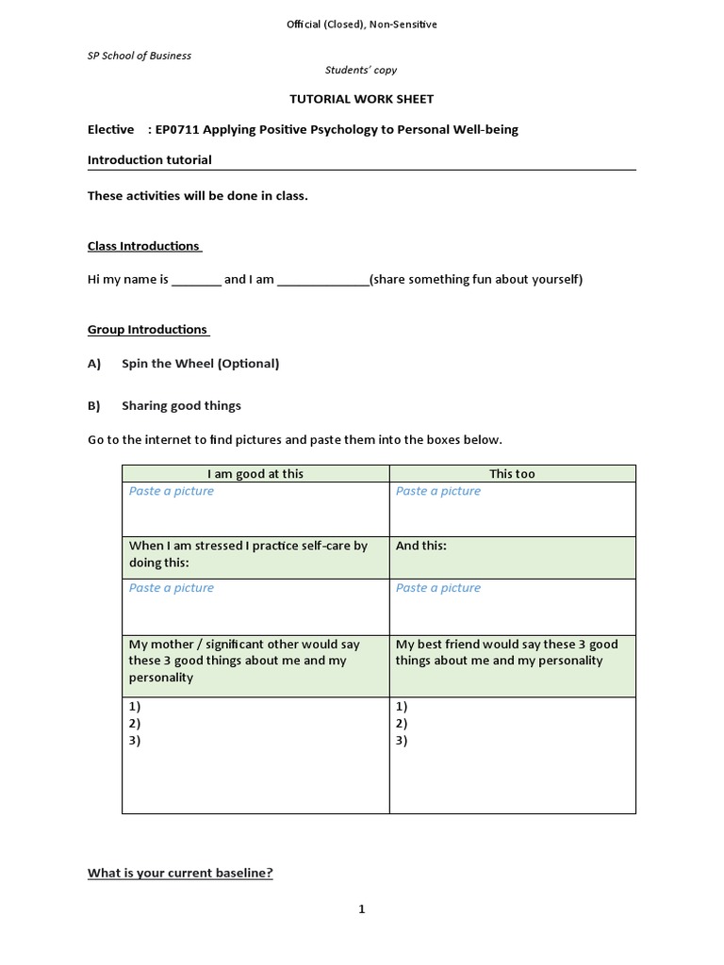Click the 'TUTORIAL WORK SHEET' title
(361, 99)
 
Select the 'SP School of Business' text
(140, 56)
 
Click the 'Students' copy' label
(361, 70)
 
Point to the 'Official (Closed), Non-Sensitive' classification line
(361, 25)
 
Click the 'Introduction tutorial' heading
(149, 160)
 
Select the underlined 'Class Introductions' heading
(143, 246)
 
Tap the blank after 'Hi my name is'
(196, 280)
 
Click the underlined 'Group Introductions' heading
(147, 330)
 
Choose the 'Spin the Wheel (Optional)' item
(200, 364)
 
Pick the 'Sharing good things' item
(181, 406)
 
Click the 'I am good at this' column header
(255, 474)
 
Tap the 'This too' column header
(512, 474)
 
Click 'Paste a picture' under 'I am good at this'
(172, 491)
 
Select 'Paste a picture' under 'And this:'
(438, 588)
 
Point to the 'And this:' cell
(421, 546)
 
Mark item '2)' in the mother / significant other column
(135, 723)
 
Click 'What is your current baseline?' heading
(180, 874)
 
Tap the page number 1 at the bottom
(361, 909)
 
